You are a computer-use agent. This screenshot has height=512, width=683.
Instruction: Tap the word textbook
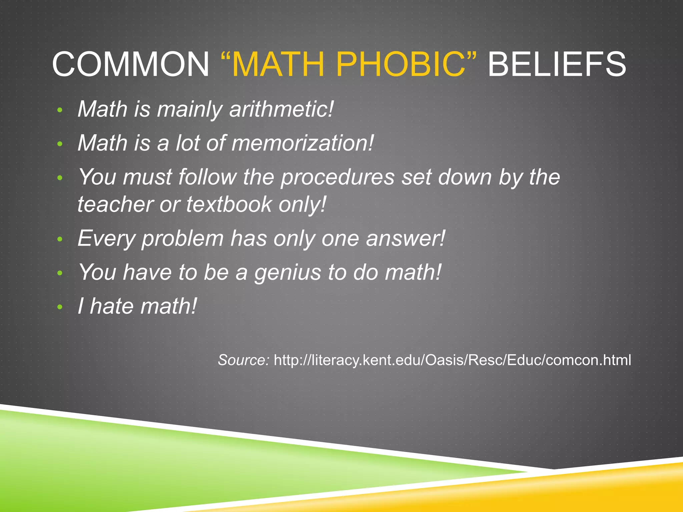(x=229, y=204)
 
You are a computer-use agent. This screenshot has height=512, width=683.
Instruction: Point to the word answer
(x=405, y=239)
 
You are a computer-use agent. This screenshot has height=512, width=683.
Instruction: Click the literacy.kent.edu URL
(x=452, y=360)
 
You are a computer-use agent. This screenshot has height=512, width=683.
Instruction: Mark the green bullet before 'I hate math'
(x=60, y=307)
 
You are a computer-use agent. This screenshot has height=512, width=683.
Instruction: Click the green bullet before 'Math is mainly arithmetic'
(x=60, y=110)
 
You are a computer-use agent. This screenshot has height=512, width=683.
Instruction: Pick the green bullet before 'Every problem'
(x=60, y=239)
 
